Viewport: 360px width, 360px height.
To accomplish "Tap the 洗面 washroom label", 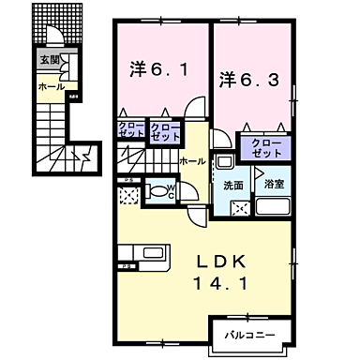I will tap(232, 185).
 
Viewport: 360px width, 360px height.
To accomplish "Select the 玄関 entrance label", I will tap(48, 60).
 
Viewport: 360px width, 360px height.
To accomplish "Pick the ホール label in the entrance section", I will tap(51, 86).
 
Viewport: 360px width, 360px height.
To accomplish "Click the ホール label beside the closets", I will tap(192, 161).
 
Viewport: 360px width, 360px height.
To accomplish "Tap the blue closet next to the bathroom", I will tap(267, 147).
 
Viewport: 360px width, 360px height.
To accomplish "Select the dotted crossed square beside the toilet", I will tap(128, 197).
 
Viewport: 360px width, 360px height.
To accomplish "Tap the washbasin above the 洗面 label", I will tap(227, 164).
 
